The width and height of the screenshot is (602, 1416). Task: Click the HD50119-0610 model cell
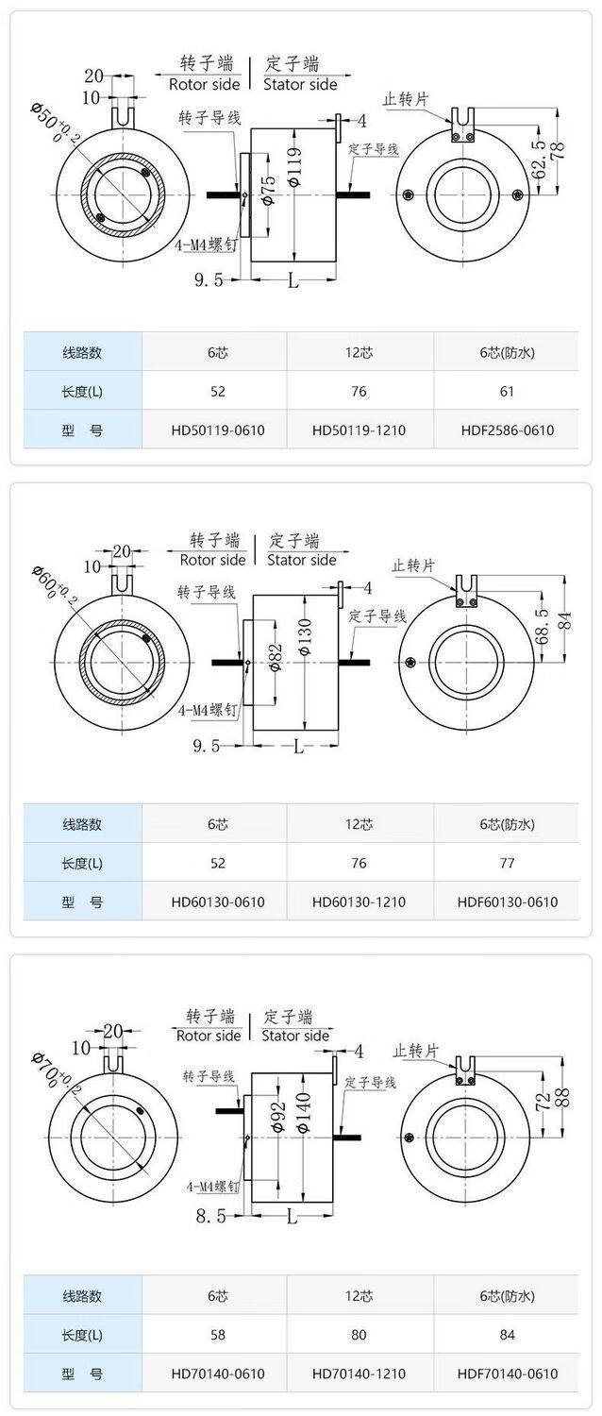[218, 430]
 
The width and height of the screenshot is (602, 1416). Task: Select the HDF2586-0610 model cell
[508, 430]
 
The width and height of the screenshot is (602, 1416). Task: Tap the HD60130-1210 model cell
[359, 902]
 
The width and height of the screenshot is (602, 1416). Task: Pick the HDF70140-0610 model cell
[508, 1373]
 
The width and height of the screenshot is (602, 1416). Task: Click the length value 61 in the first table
[508, 392]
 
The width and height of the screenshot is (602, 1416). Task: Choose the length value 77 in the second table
[508, 863]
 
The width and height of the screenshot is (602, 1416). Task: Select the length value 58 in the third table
[218, 1335]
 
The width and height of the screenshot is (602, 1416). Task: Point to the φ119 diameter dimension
[295, 167]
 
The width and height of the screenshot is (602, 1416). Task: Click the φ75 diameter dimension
[268, 190]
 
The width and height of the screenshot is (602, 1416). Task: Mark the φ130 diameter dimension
[305, 636]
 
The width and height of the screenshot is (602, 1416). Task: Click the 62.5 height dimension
[539, 160]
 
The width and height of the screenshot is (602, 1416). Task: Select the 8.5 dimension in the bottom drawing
[210, 1215]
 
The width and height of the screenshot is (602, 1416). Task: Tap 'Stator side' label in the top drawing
[300, 84]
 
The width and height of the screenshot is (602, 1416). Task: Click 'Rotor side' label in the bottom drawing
[209, 1036]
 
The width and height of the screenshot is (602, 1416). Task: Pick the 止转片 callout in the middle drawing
[413, 565]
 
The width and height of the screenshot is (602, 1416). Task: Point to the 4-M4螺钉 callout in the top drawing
[206, 244]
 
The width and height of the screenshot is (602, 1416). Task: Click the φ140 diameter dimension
[303, 1112]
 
